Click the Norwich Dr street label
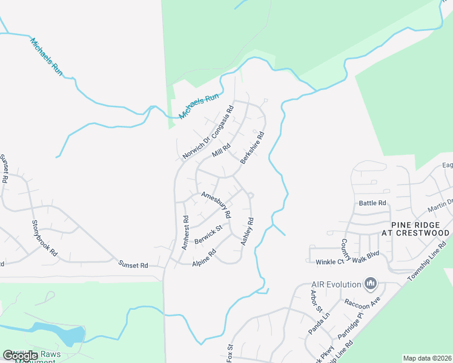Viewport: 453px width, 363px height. point(195,147)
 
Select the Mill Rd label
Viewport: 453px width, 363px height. point(221,150)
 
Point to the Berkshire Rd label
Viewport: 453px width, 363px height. point(253,148)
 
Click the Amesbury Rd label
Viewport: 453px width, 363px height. point(216,205)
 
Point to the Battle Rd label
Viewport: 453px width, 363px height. point(372,203)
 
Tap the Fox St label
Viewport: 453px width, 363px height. point(230,353)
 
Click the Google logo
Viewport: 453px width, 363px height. point(20,356)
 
